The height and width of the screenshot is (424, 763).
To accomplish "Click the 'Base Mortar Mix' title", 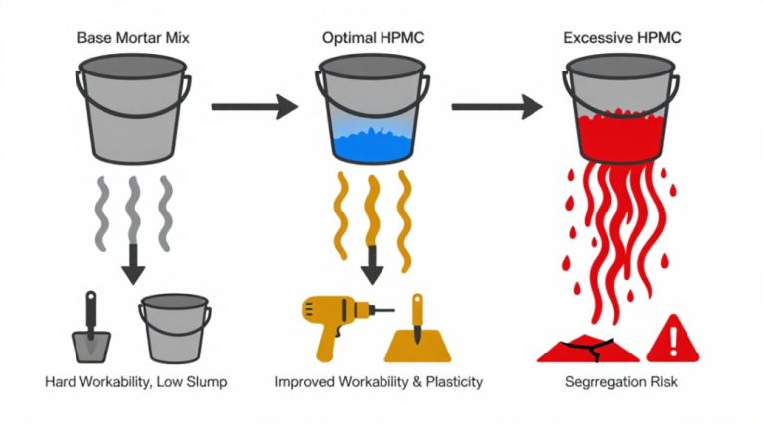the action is [133, 38].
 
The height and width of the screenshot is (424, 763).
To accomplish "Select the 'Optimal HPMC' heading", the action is [373, 38].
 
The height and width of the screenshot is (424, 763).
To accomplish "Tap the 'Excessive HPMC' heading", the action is [622, 38].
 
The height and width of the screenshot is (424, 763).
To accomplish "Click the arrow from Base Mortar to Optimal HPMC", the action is [254, 106].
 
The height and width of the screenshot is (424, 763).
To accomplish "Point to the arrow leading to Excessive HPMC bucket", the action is [497, 106].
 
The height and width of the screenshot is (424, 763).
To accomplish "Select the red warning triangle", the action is [673, 339].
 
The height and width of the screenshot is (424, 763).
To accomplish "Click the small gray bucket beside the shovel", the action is [175, 329].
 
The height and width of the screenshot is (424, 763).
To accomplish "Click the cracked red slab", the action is [588, 349].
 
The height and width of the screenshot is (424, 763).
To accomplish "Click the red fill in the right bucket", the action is [621, 135].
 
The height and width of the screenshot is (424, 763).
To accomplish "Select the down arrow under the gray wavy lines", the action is [133, 262].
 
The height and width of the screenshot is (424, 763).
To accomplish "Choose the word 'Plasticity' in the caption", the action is [454, 382].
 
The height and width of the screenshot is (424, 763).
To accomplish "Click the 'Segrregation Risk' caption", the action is [621, 382].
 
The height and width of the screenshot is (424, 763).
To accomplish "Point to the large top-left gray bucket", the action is [133, 108].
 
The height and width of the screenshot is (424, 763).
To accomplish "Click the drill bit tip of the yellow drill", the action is [393, 309].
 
